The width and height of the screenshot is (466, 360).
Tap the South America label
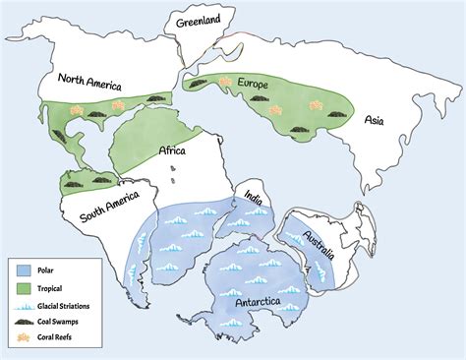[96, 210]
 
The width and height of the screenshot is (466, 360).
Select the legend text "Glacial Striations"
[68, 305]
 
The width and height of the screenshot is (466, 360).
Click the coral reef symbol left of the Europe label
[225, 80]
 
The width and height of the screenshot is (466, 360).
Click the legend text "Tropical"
[53, 287]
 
